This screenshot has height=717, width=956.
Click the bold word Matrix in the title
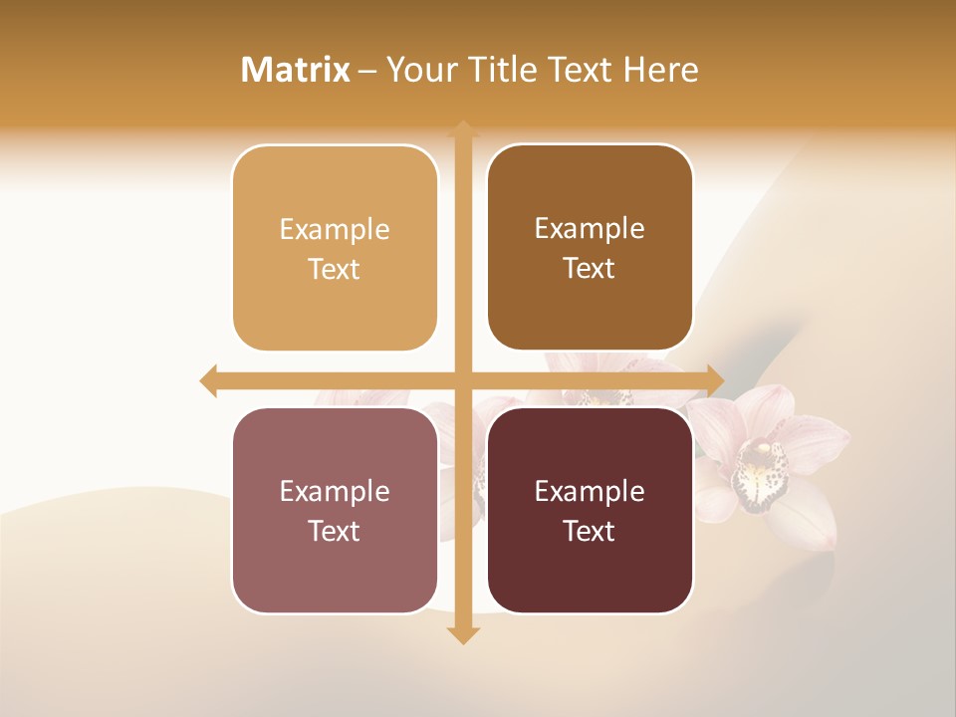coord(296,70)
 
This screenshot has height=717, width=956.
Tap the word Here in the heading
coord(660,70)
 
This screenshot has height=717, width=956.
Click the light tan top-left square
coord(335,248)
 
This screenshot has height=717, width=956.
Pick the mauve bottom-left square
coord(335,510)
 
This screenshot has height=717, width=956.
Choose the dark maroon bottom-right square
coord(590,510)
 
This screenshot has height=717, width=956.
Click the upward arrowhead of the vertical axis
coord(463,128)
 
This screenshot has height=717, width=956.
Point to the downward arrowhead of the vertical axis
coord(463,635)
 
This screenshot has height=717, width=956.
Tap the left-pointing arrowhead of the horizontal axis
coord(208,380)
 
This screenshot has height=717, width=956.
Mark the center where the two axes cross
coord(463,380)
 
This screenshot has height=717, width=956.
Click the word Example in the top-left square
coord(335,230)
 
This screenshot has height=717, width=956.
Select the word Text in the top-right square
coord(590,269)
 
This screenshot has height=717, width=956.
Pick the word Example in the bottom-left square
coord(335,492)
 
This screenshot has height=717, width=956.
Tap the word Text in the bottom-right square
coord(590,532)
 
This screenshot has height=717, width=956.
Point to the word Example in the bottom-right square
coord(590,492)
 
